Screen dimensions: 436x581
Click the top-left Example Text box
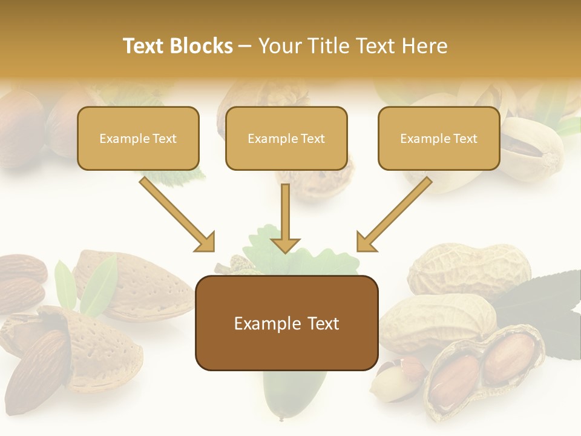pyautogui.click(x=138, y=138)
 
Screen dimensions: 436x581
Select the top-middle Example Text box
pyautogui.click(x=286, y=138)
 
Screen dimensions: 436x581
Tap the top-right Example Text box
pyautogui.click(x=439, y=138)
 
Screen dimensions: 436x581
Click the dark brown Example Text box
pyautogui.click(x=286, y=323)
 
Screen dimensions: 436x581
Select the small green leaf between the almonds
pyautogui.click(x=97, y=285)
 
